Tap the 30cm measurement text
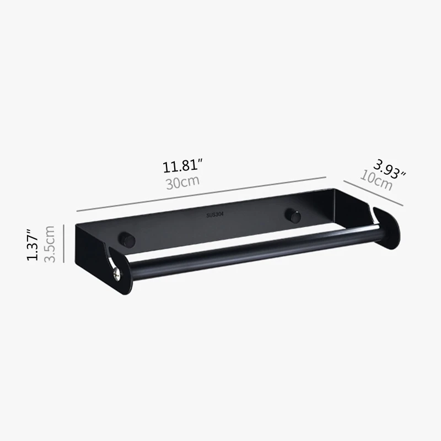point(182,182)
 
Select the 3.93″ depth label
point(389,168)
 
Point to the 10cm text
point(376,180)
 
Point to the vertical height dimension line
point(64,243)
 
